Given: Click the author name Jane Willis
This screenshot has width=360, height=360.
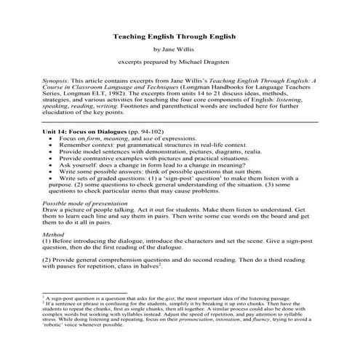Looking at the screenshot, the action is [180, 49].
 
